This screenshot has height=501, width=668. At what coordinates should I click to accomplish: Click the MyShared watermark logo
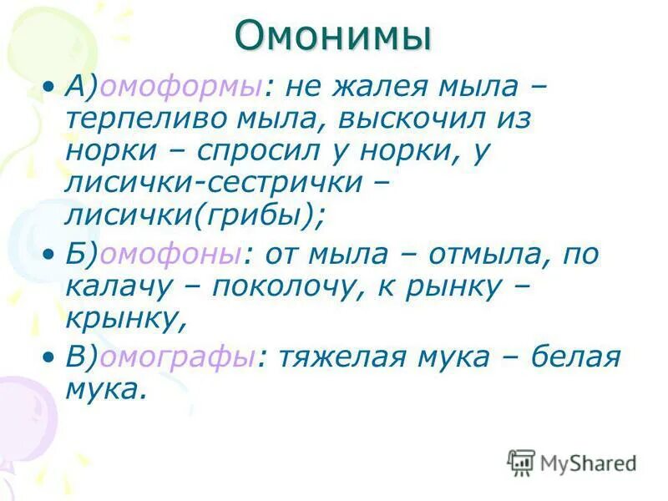(572, 462)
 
